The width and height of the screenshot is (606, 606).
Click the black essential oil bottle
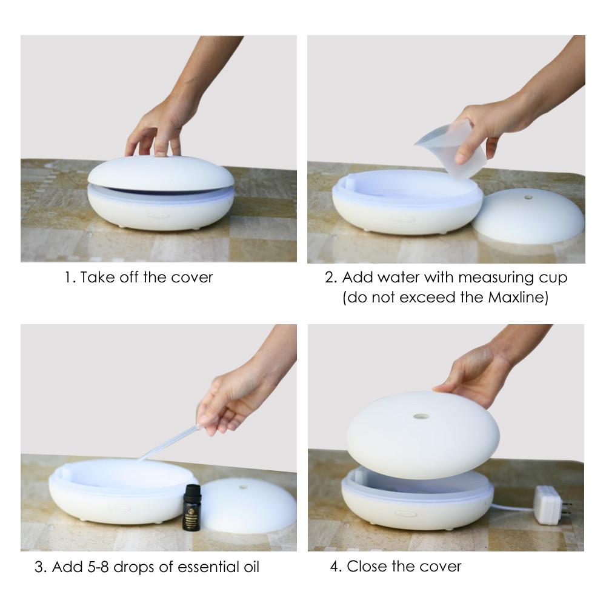click(191, 507)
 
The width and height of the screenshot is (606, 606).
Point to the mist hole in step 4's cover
click(421, 417)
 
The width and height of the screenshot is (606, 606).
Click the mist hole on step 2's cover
click(528, 198)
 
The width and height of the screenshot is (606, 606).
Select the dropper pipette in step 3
click(168, 442)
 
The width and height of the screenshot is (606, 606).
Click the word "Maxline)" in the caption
click(518, 298)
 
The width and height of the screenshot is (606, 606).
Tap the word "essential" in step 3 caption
click(207, 567)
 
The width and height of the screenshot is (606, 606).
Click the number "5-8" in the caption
click(98, 567)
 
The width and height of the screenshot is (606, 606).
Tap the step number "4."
click(336, 567)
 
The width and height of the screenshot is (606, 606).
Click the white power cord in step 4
click(513, 507)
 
